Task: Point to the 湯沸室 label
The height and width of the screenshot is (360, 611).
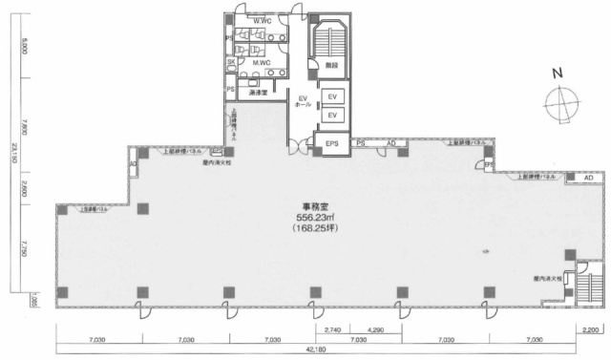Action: [x=258, y=93]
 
